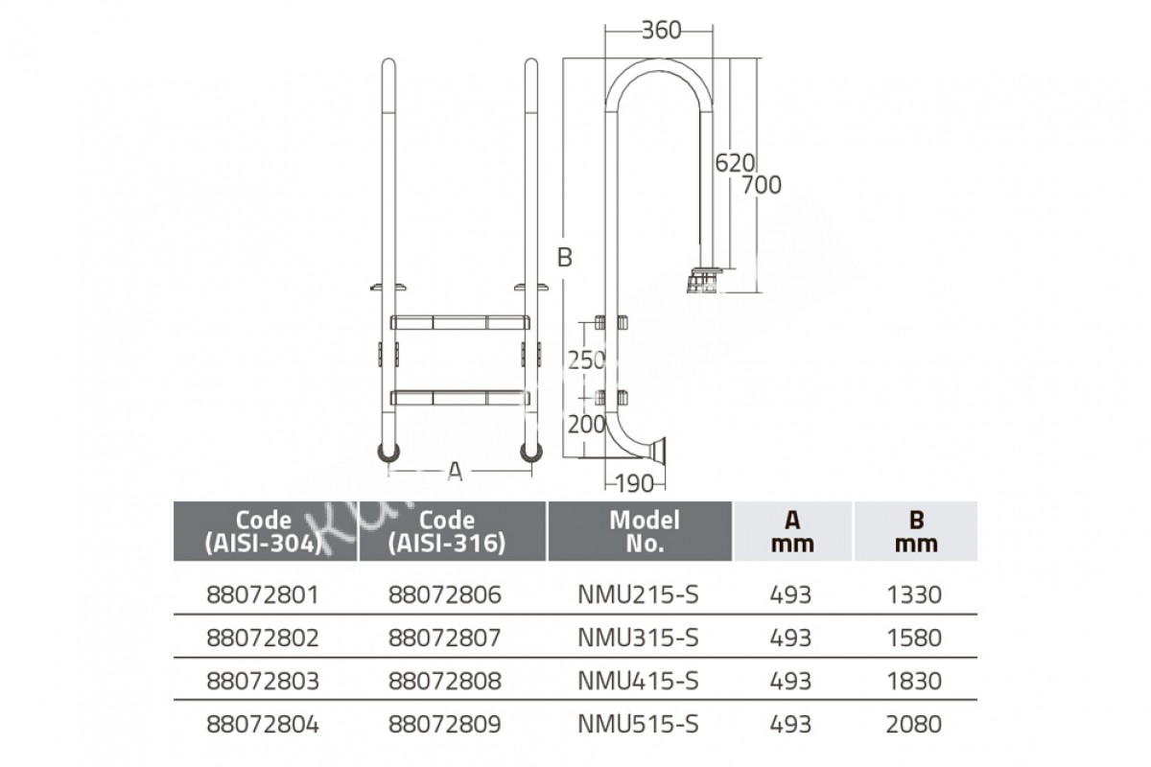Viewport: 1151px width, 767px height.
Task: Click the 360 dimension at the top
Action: (x=661, y=31)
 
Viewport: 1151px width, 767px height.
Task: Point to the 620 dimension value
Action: (x=735, y=163)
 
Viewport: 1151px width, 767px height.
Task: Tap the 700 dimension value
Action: (x=762, y=185)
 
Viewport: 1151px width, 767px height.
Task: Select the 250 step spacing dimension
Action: (x=587, y=360)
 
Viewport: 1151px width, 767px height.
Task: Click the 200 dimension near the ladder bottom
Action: (x=587, y=425)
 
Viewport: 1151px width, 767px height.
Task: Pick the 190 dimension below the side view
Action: (x=634, y=483)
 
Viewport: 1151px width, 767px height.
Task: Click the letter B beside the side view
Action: (x=565, y=257)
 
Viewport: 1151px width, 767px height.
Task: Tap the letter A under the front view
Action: (x=456, y=471)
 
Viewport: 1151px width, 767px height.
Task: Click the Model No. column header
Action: (x=645, y=531)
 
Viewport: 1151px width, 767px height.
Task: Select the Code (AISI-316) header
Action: (x=447, y=532)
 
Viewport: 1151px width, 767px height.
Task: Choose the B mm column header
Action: (x=916, y=531)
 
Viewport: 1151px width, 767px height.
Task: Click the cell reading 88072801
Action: (x=263, y=594)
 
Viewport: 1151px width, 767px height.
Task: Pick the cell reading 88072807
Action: (x=444, y=639)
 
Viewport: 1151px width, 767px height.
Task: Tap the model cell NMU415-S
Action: (x=638, y=682)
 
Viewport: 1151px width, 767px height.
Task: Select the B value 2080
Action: (x=913, y=725)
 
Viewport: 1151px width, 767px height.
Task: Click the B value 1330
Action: (x=914, y=594)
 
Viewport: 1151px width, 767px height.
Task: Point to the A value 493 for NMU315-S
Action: (x=790, y=639)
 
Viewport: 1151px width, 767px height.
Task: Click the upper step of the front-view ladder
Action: (x=459, y=323)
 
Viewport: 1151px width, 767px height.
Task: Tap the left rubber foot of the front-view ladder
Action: (x=389, y=453)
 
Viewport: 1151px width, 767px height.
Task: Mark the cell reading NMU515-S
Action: (x=638, y=725)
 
